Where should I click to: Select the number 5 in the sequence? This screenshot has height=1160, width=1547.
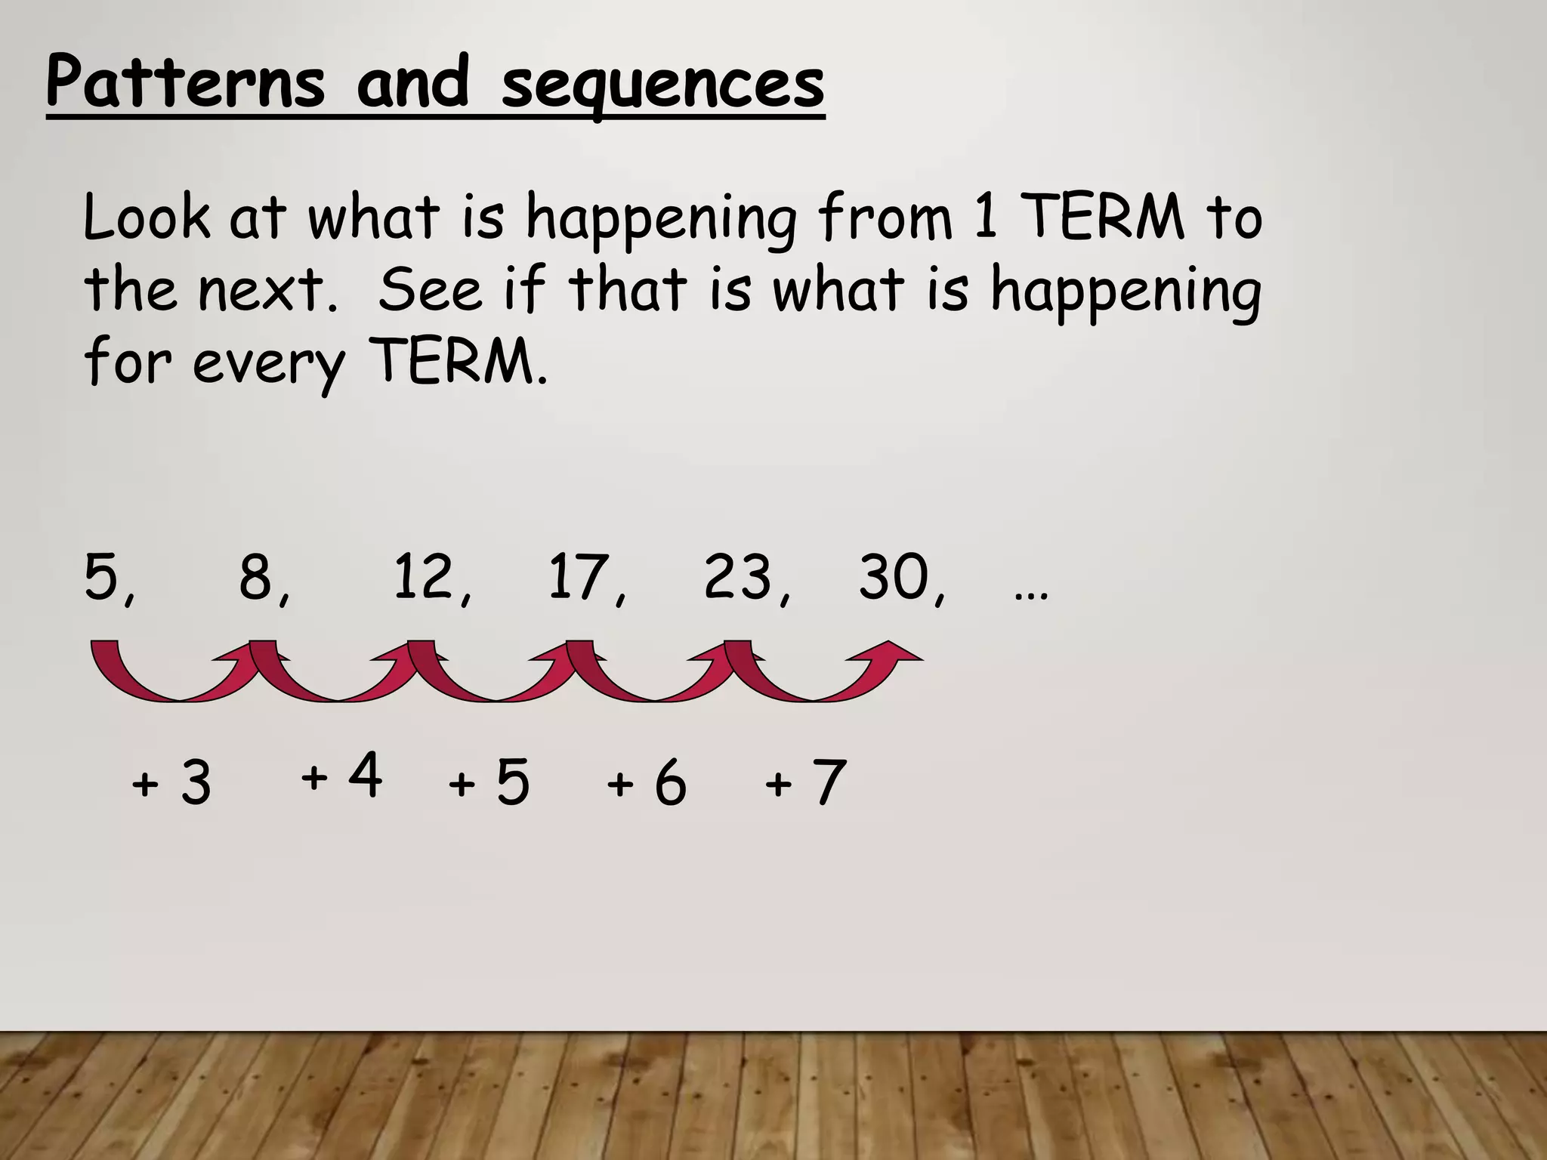(102, 578)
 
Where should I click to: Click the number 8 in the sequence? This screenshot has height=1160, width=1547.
(256, 578)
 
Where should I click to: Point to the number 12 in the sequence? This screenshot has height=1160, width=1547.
(424, 578)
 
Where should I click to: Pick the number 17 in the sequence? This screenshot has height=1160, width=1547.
(579, 578)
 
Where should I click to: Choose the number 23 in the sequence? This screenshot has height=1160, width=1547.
(737, 578)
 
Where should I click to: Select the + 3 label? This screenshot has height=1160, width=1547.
(171, 783)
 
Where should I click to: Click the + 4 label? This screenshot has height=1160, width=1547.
(341, 776)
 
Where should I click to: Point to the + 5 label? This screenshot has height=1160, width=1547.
(489, 783)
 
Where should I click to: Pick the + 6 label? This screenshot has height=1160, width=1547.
(647, 783)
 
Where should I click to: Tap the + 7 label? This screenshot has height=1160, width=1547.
(805, 783)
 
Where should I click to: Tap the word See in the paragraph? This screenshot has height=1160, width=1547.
(429, 290)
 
